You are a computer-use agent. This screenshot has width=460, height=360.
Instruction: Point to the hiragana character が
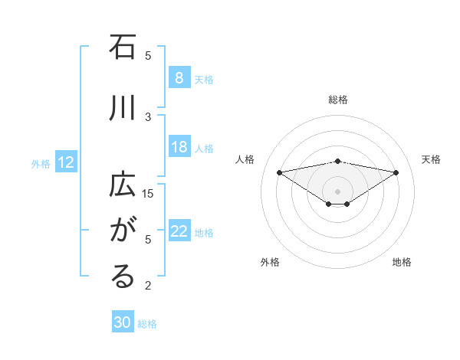(x=123, y=230)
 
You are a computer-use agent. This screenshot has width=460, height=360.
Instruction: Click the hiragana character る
(x=123, y=277)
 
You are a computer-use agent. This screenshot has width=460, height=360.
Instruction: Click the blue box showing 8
(x=179, y=78)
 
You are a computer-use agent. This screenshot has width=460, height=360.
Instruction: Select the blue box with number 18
(x=179, y=148)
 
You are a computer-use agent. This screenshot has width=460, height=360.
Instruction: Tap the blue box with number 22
(x=179, y=232)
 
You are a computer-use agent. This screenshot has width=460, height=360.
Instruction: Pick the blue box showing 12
(x=65, y=162)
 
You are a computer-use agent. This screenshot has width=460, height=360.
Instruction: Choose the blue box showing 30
(x=122, y=323)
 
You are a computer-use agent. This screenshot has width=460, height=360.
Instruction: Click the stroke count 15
(x=149, y=193)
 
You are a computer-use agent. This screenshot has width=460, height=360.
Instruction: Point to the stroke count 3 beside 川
(x=149, y=116)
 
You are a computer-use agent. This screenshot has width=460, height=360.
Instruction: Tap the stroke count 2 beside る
(x=149, y=286)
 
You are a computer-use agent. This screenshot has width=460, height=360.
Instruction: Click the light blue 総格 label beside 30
(x=147, y=324)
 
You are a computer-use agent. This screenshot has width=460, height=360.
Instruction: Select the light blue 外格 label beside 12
(x=41, y=163)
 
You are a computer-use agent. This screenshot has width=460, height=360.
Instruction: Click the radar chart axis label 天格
(x=432, y=159)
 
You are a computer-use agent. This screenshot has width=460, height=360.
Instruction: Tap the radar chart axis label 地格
(x=402, y=262)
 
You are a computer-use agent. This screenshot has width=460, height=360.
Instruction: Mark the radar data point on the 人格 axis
(x=279, y=172)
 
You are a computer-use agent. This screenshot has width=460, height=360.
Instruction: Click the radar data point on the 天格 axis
(x=396, y=172)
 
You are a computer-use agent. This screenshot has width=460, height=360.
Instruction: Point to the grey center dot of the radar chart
(x=338, y=191)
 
